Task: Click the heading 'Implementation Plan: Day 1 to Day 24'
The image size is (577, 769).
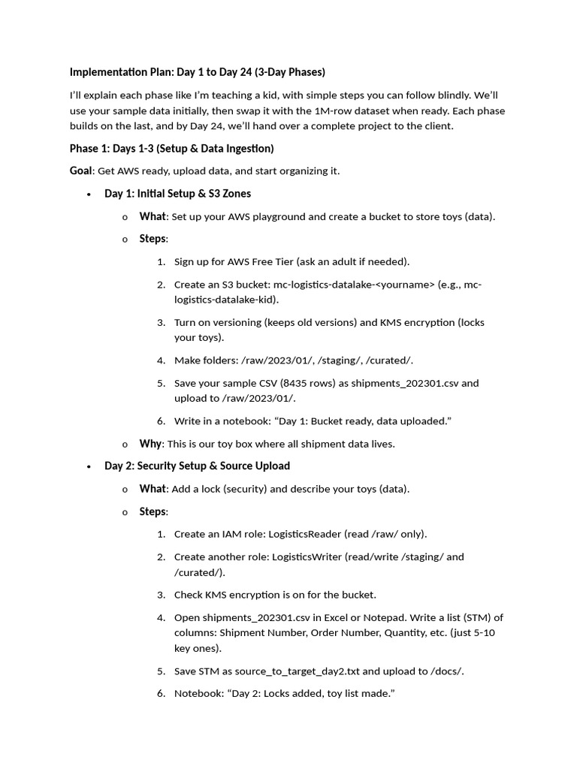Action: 197,72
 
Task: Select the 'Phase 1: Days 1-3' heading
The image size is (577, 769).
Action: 171,148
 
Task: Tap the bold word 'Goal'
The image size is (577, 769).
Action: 81,170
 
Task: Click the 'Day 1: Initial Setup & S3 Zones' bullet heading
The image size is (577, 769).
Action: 177,194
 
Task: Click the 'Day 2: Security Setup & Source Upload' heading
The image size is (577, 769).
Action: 197,466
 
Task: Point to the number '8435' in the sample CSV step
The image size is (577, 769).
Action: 295,383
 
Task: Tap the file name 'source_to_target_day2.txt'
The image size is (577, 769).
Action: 300,671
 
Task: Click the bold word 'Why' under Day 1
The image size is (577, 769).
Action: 150,444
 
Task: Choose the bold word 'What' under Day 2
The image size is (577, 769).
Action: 152,489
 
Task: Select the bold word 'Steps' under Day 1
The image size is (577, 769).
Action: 153,239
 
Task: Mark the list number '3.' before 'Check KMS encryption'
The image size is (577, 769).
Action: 161,595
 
